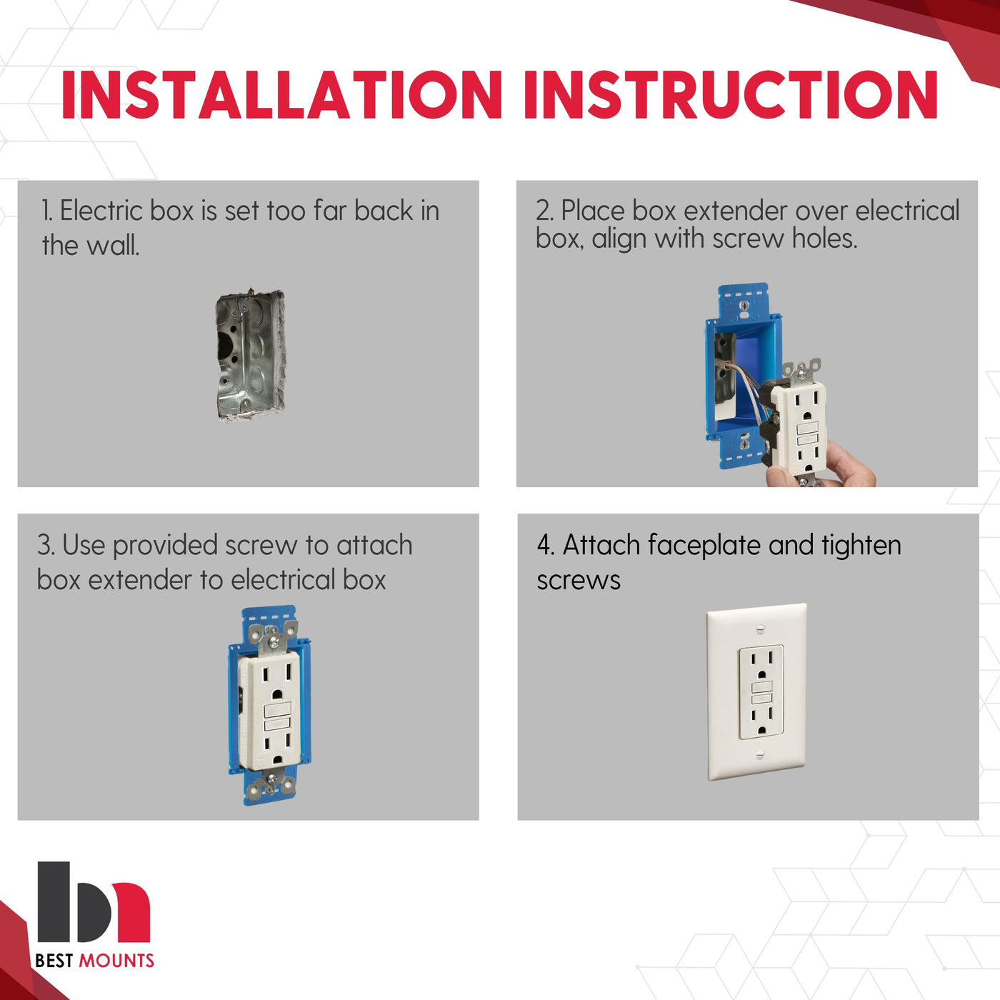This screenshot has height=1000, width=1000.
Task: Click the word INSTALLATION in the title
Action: click(x=281, y=95)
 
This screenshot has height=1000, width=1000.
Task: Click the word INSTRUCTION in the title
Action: click(x=731, y=95)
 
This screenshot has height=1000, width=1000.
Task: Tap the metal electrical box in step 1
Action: click(x=250, y=355)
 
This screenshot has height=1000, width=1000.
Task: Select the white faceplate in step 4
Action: click(x=756, y=691)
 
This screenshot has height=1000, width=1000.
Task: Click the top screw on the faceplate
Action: click(x=761, y=629)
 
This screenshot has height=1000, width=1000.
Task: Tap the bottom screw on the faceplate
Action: click(x=760, y=754)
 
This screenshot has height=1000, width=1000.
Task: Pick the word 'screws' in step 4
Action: click(x=578, y=581)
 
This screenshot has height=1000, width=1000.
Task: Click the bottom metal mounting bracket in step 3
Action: click(x=271, y=781)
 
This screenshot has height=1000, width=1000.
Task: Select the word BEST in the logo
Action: click(x=54, y=961)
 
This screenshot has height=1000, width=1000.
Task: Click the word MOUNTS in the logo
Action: click(x=116, y=961)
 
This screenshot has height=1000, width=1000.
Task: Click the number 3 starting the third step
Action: click(x=44, y=546)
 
